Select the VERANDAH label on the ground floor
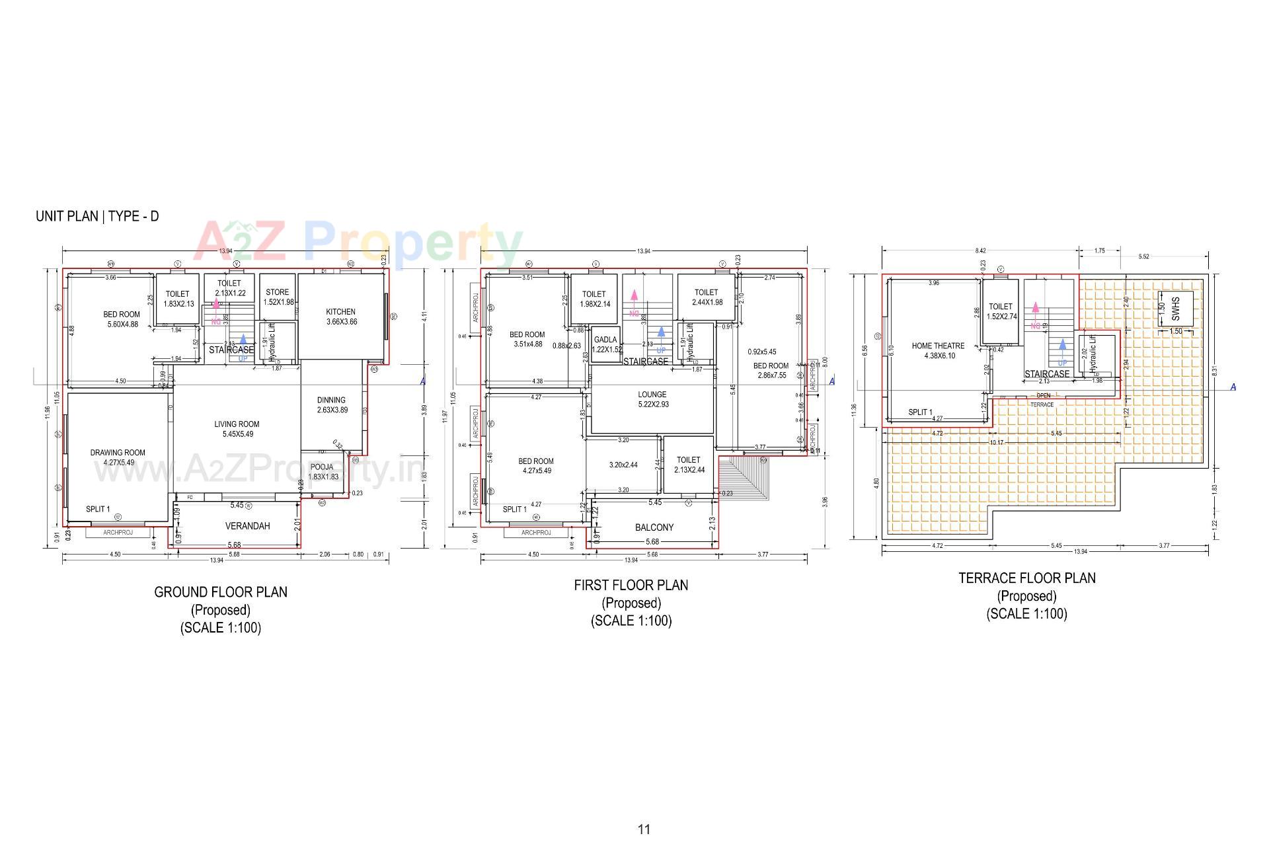pyautogui.click(x=247, y=526)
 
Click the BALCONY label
pyautogui.click(x=654, y=527)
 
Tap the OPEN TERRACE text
pyautogui.click(x=1042, y=400)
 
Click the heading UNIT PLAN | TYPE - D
pyautogui.click(x=97, y=216)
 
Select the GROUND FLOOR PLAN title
pyautogui.click(x=221, y=592)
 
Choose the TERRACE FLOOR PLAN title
pyautogui.click(x=1026, y=578)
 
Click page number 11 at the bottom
pyautogui.click(x=644, y=829)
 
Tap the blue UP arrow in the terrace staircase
pyautogui.click(x=1062, y=345)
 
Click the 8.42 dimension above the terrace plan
pyautogui.click(x=980, y=251)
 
